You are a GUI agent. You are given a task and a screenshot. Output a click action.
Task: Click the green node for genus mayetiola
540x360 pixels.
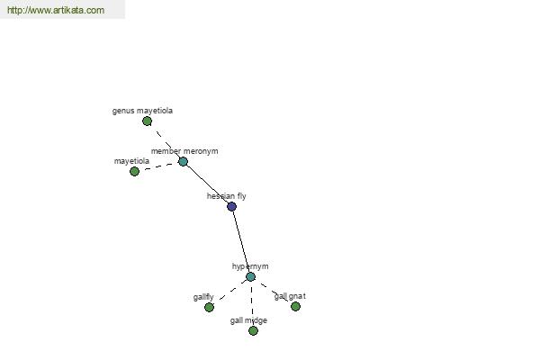pos(147,121)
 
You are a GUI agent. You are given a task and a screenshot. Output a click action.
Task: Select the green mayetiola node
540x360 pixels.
pos(134,171)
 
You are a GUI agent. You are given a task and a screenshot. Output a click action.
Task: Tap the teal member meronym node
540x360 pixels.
pos(183,161)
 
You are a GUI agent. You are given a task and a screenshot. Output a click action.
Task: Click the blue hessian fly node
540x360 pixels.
pos(232,206)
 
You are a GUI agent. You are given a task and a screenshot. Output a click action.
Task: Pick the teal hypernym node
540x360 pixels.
pos(251,276)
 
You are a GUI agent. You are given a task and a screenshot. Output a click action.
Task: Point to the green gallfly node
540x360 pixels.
pos(209,307)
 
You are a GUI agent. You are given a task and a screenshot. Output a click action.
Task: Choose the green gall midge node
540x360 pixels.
pos(253,330)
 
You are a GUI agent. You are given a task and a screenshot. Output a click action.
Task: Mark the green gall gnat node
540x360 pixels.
pos(295,306)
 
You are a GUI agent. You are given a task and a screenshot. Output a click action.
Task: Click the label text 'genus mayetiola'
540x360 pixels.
pos(142,111)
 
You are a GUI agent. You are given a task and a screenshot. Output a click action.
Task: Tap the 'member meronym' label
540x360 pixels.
pos(184,151)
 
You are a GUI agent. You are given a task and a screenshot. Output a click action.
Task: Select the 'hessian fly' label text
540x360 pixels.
pos(226,196)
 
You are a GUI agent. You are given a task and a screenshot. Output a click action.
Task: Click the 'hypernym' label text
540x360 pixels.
pos(250,266)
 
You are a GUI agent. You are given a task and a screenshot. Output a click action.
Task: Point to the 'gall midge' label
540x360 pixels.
pos(248,320)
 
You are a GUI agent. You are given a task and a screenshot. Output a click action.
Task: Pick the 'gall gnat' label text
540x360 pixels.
pos(290,296)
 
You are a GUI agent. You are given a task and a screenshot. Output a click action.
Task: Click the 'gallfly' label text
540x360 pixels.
pos(203,297)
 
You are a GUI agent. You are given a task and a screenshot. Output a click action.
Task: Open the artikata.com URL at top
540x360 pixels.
pos(56,10)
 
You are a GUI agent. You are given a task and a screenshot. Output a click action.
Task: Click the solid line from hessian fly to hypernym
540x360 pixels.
pos(241,241)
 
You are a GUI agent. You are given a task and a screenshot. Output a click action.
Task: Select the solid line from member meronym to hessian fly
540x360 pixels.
pos(207,184)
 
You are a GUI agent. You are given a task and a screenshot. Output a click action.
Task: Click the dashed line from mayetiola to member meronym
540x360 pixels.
pos(158,166)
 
